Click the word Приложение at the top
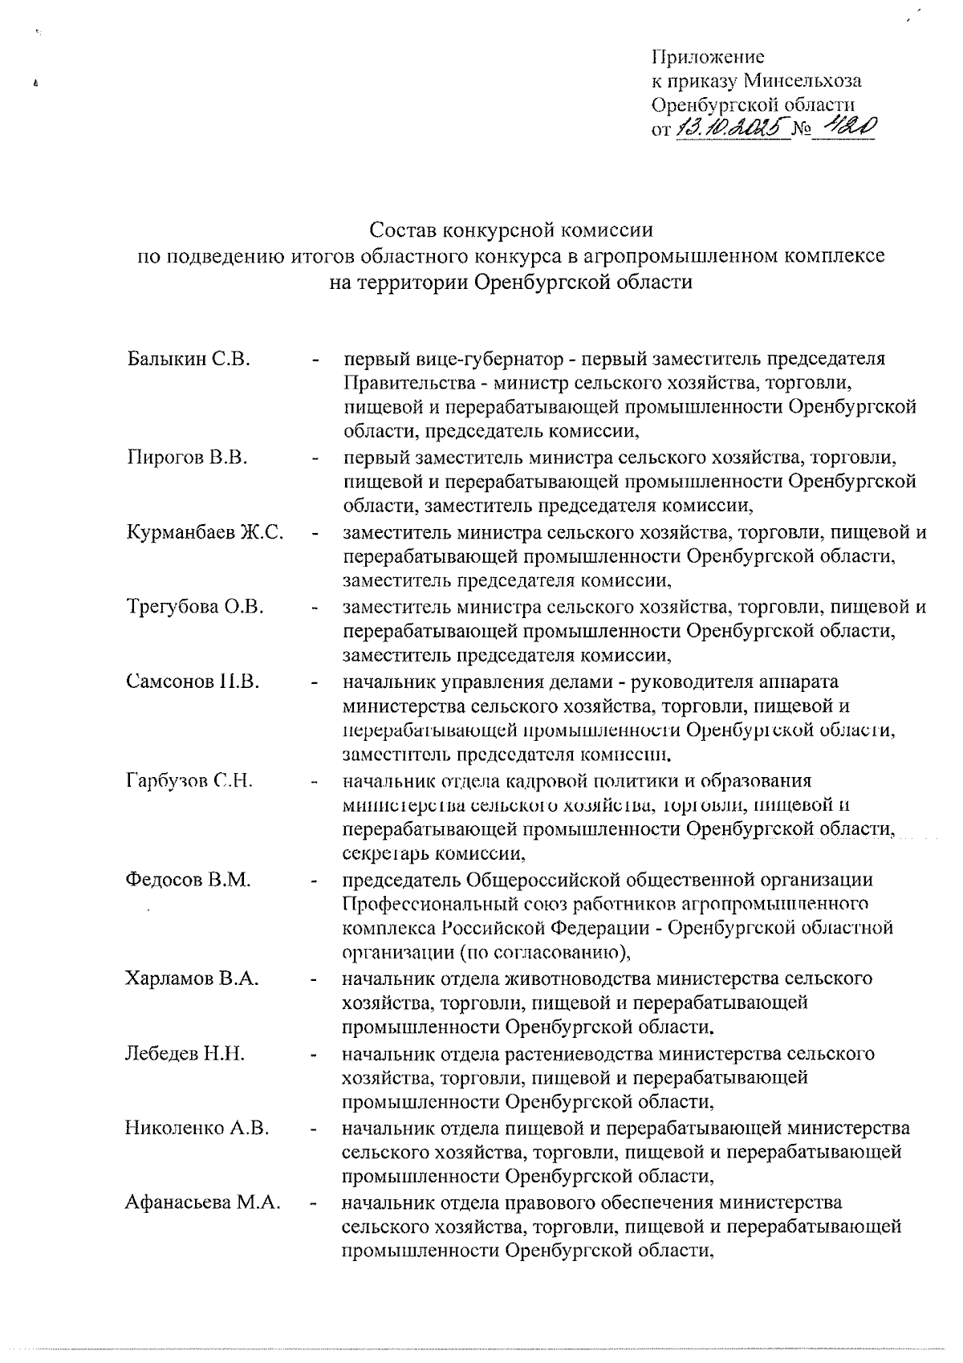707,57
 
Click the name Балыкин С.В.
189,359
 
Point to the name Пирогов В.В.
186,458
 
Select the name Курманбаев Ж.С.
205,532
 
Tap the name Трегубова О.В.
194,607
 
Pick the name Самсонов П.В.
193,681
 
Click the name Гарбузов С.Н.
189,780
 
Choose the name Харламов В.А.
192,979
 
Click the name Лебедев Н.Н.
185,1053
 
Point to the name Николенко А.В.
197,1128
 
